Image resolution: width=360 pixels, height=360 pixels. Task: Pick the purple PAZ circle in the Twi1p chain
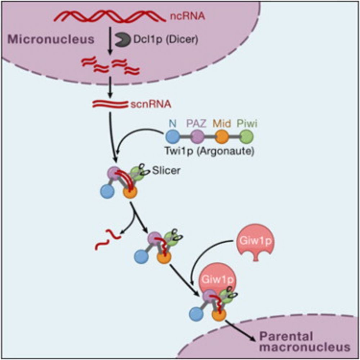tap(198, 138)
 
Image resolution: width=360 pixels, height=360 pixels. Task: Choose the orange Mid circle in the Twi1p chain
tap(222, 138)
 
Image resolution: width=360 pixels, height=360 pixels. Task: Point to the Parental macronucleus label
tap(304, 342)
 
